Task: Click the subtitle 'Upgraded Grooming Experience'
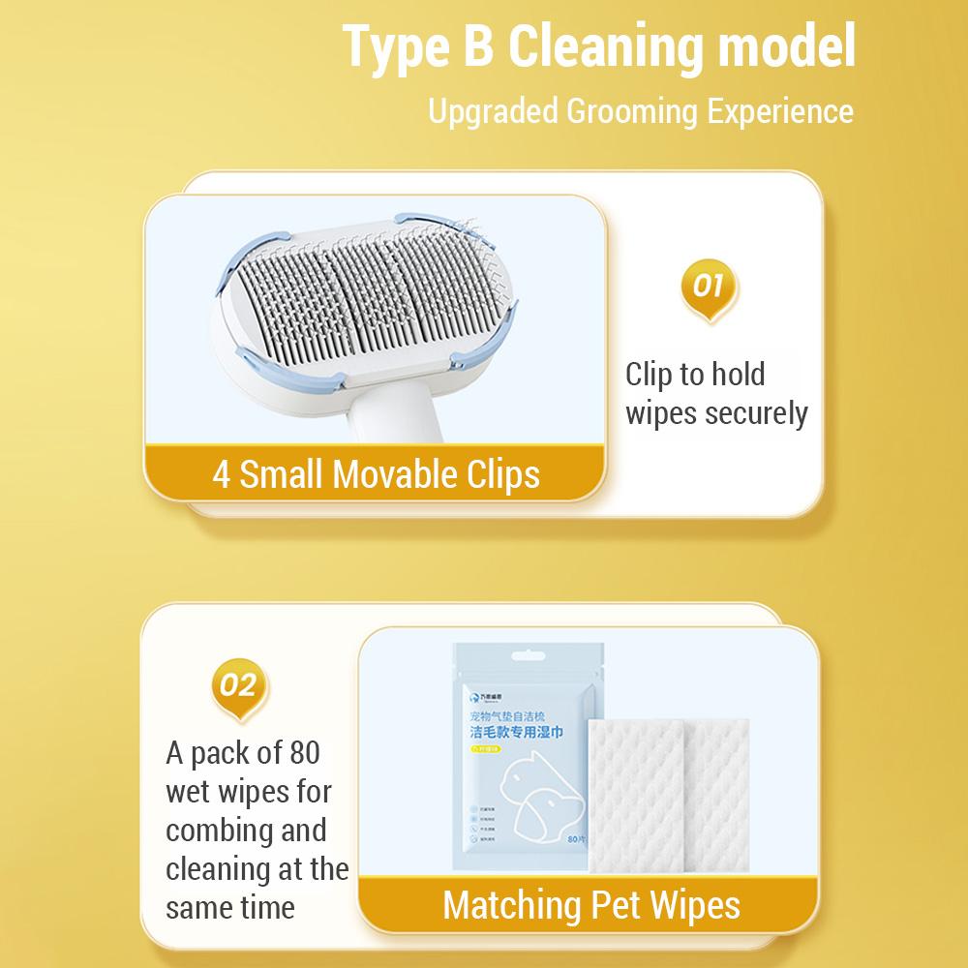coord(641,110)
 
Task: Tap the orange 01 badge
coord(709,288)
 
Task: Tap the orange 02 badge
coord(238,688)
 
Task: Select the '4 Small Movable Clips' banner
coord(376,474)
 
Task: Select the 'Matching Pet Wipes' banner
coord(590,906)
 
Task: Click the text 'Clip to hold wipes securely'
coord(715,394)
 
